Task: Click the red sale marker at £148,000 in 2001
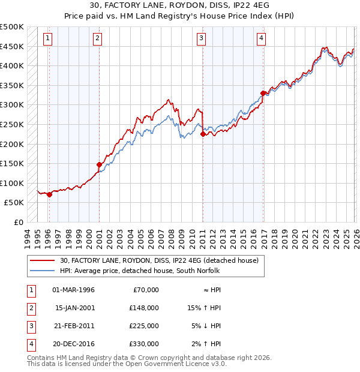click(x=99, y=164)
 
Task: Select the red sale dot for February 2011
click(x=203, y=134)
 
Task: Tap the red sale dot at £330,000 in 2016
click(x=263, y=93)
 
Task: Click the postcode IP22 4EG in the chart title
click(x=239, y=5)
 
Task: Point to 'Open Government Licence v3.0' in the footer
click(x=174, y=364)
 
